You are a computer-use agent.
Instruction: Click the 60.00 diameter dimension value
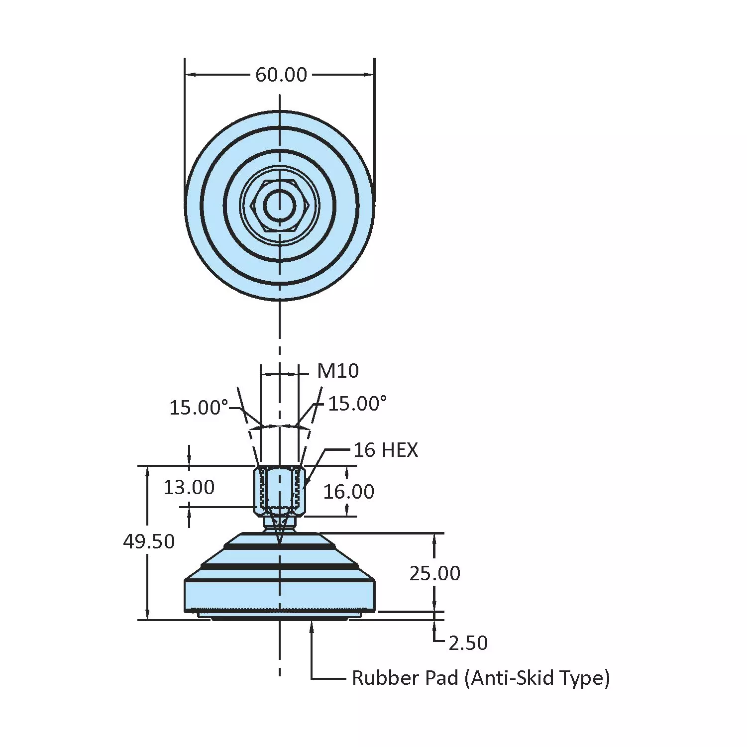[x=281, y=75]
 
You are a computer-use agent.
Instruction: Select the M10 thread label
[x=338, y=371]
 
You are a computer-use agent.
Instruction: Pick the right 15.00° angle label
[x=357, y=404]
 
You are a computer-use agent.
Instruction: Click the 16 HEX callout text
[x=386, y=450]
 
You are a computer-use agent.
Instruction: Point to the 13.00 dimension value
[x=189, y=487]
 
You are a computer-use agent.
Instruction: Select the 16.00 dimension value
[x=348, y=492]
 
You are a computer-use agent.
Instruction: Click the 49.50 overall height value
[x=149, y=541]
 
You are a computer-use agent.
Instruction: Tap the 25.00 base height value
[x=434, y=573]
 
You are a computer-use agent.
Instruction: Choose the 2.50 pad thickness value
[x=468, y=643]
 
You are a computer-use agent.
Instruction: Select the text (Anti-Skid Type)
[x=536, y=678]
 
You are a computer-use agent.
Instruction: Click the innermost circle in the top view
[x=279, y=205]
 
